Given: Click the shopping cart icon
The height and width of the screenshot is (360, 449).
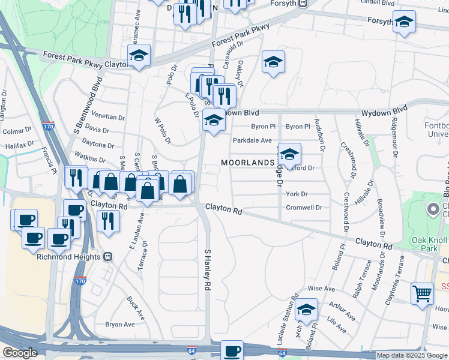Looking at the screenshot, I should tap(423, 294).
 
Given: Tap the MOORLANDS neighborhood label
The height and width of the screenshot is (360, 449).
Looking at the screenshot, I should tap(247, 163).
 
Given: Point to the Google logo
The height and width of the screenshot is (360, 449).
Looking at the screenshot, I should tap(20, 353).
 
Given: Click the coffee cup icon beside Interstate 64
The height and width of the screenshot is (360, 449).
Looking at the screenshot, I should tap(232, 350).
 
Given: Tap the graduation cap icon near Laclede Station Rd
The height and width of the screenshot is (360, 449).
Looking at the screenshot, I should tap(306, 310).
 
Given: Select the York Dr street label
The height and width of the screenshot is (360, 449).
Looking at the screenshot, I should tap(297, 194).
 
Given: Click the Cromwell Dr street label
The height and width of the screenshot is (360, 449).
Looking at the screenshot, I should tap(304, 208).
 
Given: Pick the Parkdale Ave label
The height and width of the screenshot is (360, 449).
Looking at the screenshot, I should tap(252, 140).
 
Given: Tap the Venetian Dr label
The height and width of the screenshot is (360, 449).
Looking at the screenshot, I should tap(109, 118).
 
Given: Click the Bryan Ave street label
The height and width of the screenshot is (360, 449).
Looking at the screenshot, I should tap(120, 325).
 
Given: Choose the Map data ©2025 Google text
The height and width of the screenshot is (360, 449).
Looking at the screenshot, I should tap(411, 355).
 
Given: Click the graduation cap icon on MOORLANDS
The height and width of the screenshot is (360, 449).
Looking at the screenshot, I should tap(289, 155).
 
